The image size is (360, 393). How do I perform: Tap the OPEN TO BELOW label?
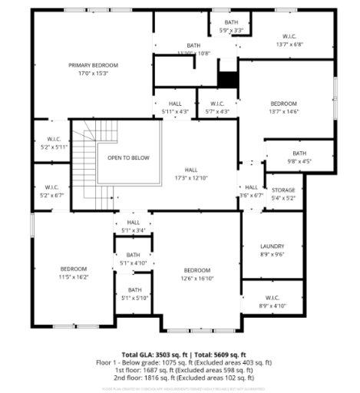pos(128,157)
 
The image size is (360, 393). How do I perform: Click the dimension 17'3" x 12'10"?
pos(190,177)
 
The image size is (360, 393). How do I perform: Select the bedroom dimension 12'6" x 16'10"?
pos(197,279)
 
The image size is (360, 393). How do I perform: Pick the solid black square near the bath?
pos(228,79)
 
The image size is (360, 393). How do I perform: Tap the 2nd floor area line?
pos(183,377)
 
